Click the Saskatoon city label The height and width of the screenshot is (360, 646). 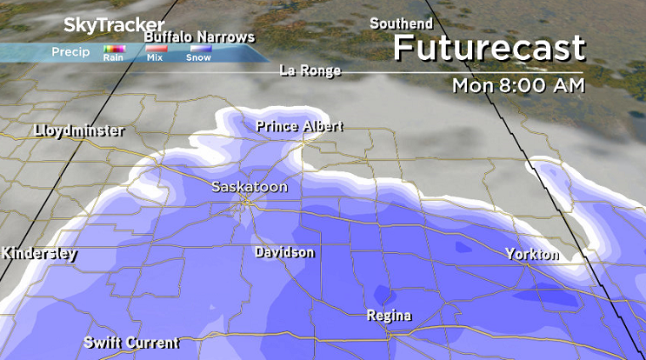(x=249, y=187)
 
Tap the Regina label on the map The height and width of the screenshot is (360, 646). (x=389, y=315)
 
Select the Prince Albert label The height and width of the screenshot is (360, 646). (x=299, y=127)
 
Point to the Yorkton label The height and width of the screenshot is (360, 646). (x=532, y=255)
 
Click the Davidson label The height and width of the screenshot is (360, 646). (x=284, y=252)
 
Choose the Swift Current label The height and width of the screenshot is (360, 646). (x=131, y=343)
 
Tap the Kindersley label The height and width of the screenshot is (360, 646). (x=39, y=255)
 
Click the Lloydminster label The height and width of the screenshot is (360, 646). (x=79, y=131)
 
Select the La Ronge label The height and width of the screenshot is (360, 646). (x=310, y=70)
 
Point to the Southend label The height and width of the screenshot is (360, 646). (x=402, y=23)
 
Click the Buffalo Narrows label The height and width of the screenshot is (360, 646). (x=199, y=37)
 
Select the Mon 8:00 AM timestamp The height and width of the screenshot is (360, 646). (x=518, y=86)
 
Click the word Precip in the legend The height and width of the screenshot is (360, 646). (x=71, y=51)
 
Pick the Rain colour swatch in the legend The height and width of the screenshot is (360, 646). (x=114, y=49)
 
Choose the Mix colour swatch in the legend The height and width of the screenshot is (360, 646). (x=157, y=49)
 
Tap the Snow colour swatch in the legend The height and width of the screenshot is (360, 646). (x=198, y=49)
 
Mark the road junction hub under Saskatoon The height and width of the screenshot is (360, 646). (x=247, y=202)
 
